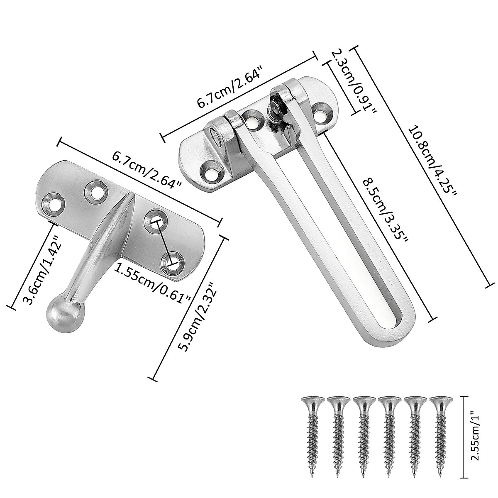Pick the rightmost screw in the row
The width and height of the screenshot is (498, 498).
point(441,431)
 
